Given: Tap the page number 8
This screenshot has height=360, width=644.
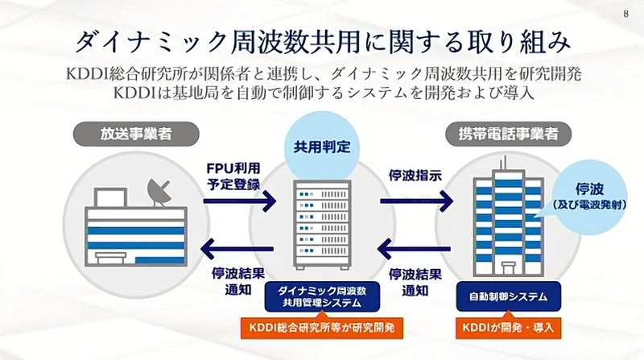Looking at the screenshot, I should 626,14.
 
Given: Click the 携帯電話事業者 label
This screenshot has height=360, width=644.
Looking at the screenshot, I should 502,132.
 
